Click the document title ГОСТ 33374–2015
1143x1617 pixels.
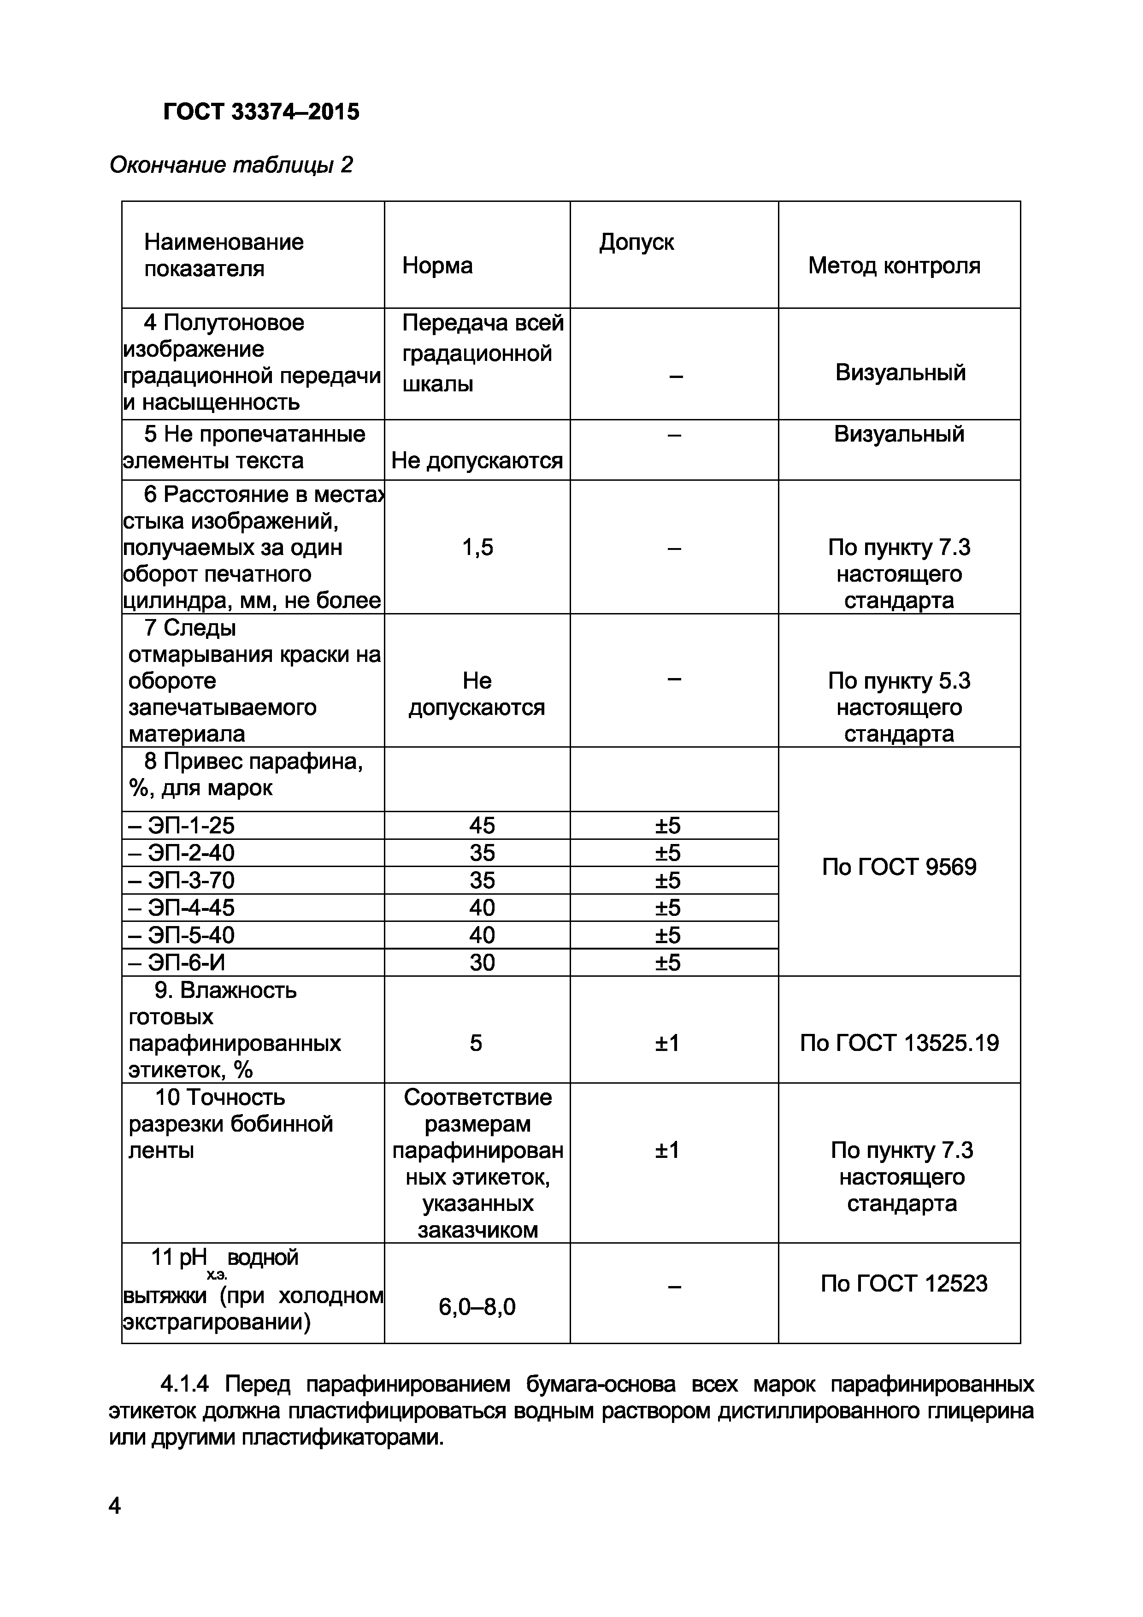(x=261, y=111)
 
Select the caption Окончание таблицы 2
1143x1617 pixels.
(x=231, y=165)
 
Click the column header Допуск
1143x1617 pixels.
(x=636, y=242)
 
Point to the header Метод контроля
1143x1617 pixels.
(x=894, y=266)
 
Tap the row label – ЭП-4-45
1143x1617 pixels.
(x=182, y=908)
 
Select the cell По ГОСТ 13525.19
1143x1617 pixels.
(x=899, y=1043)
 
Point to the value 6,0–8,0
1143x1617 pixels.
(x=477, y=1307)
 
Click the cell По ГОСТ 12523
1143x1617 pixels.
(x=903, y=1283)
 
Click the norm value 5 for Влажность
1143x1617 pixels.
(x=476, y=1043)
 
